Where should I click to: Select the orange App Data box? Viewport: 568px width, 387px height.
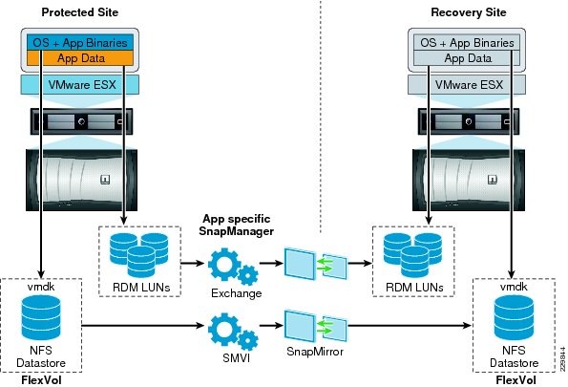pos(81,57)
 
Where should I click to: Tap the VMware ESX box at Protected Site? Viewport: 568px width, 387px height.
pos(81,84)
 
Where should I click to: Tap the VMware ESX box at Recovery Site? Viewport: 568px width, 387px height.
pos(468,84)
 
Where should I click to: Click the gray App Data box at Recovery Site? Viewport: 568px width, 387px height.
pos(468,57)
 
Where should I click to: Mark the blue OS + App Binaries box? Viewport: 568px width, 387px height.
pos(81,43)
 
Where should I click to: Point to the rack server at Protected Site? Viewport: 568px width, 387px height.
pos(81,123)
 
